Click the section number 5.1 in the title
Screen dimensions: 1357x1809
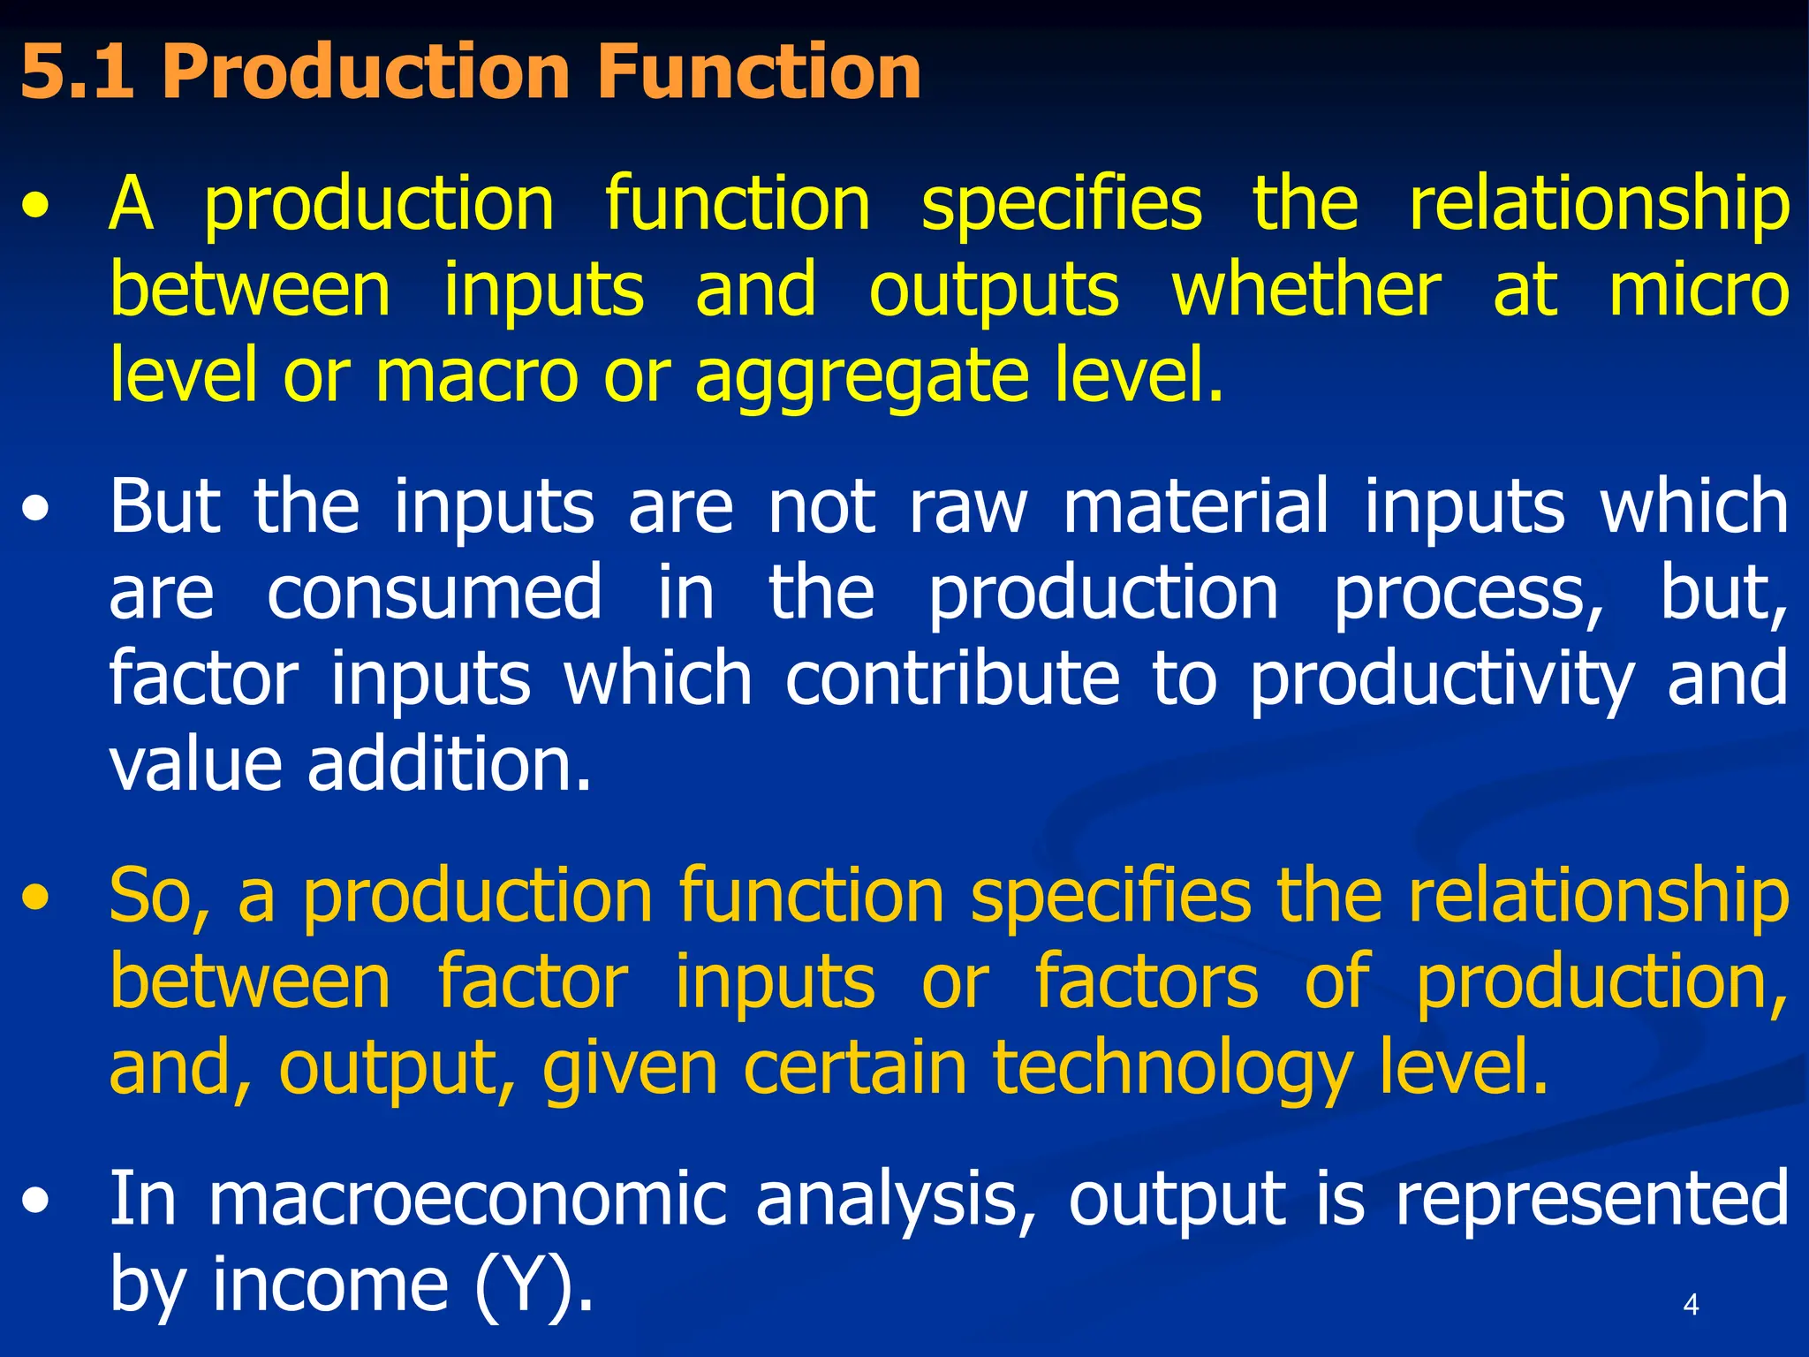pos(78,72)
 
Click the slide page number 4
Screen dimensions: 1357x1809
pos(1691,1304)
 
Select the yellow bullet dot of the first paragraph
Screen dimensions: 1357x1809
pos(36,209)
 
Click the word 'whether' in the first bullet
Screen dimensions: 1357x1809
pos(1306,291)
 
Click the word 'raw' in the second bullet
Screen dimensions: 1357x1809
pos(968,506)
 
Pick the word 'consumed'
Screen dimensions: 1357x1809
pos(435,593)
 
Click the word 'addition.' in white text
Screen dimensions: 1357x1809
pos(450,764)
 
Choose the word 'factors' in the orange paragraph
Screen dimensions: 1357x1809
pos(1146,982)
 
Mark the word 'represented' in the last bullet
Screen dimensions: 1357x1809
pos(1592,1199)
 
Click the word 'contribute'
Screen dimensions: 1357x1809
pos(952,679)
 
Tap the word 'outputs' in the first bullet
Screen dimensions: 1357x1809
pos(995,291)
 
